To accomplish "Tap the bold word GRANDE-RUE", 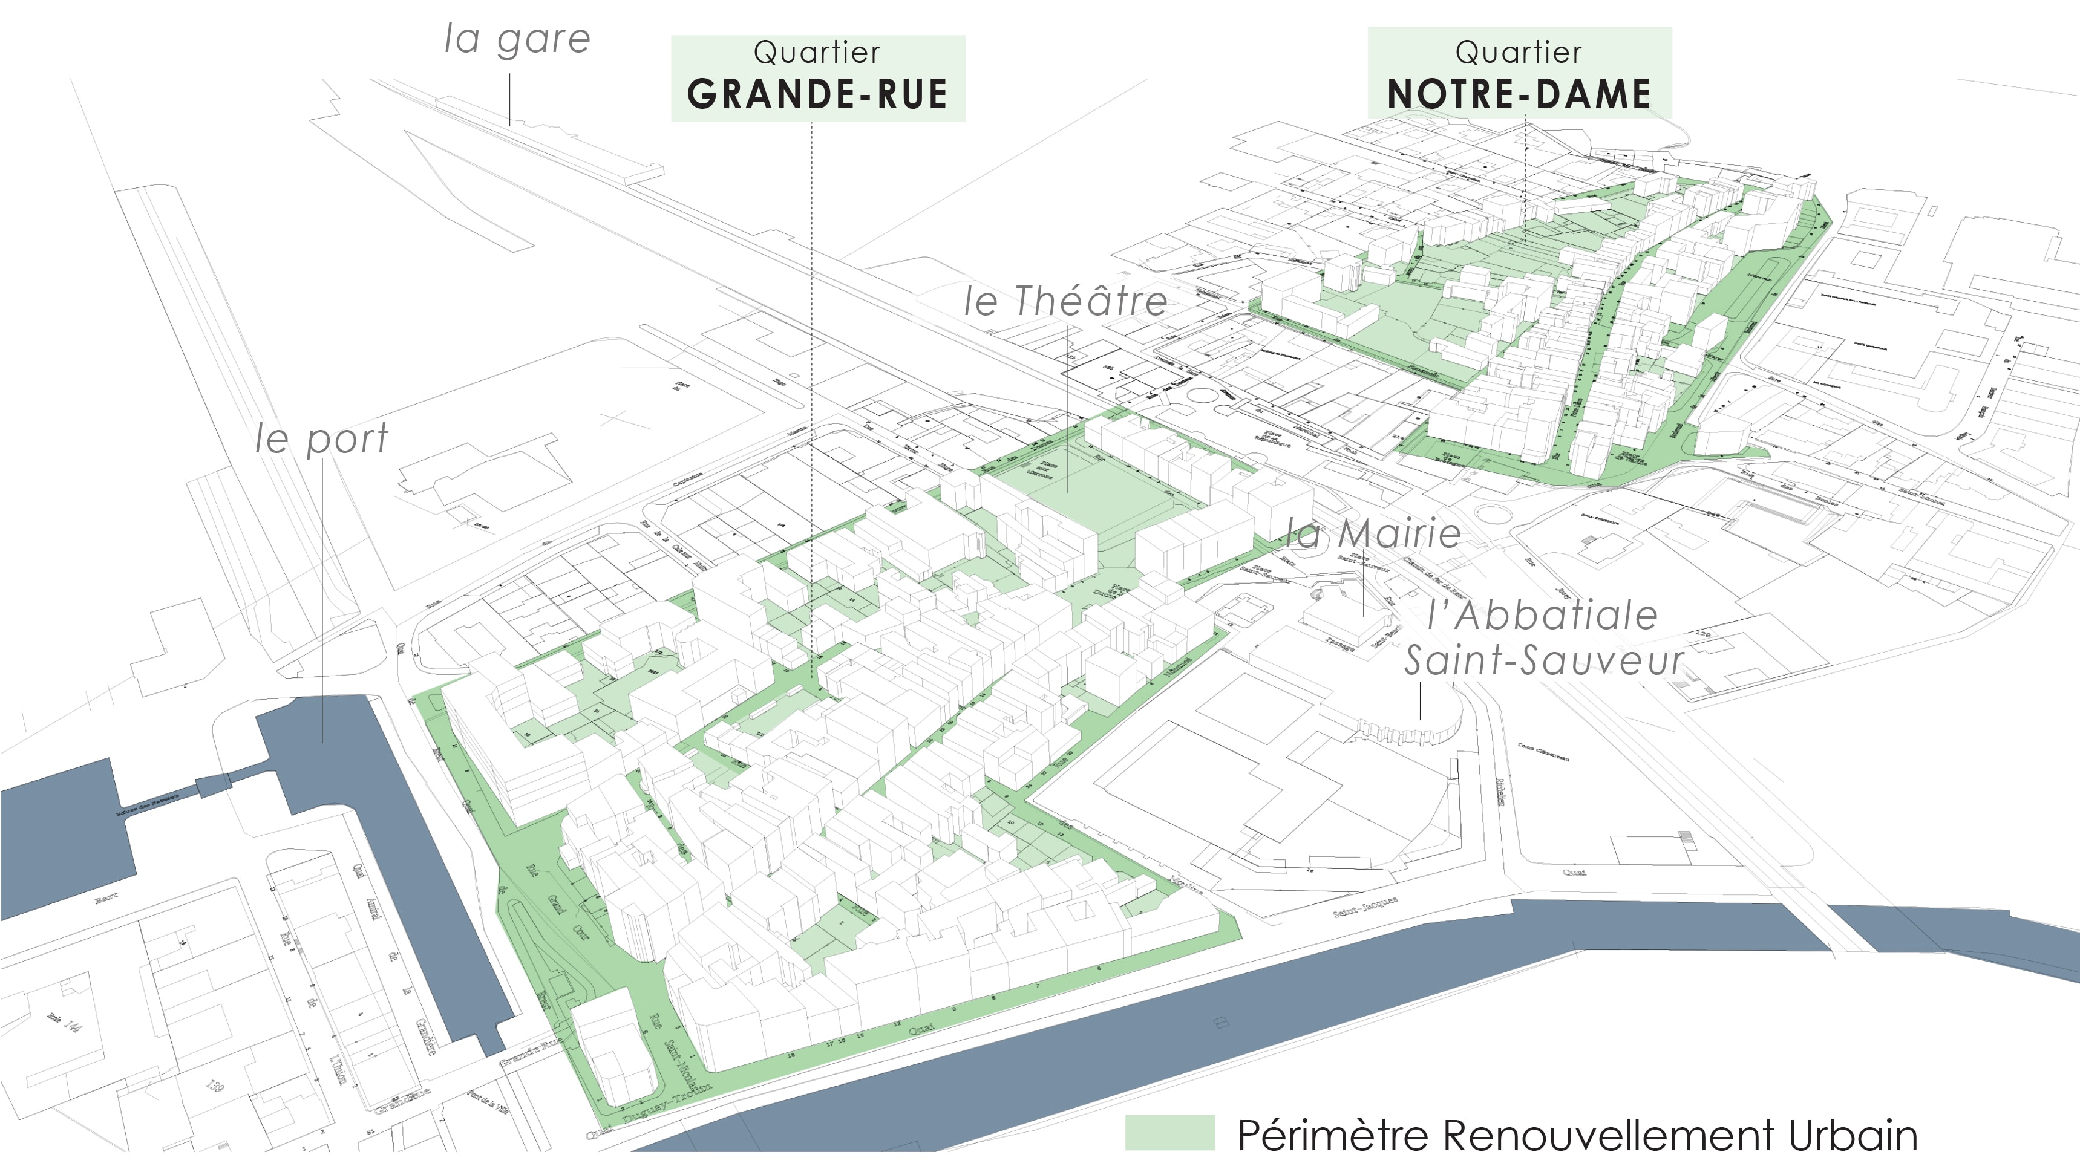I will tap(817, 94).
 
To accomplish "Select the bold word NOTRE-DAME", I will tap(1519, 94).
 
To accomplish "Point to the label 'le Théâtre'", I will tap(1066, 302).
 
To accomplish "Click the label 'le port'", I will tap(321, 440).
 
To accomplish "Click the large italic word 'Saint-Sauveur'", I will tap(1544, 662).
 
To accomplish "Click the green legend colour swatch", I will tap(1169, 1133).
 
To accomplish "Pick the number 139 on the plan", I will tap(214, 1086).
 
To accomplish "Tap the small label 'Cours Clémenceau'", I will tap(1543, 752).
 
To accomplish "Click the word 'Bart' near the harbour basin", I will tap(106, 899).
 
